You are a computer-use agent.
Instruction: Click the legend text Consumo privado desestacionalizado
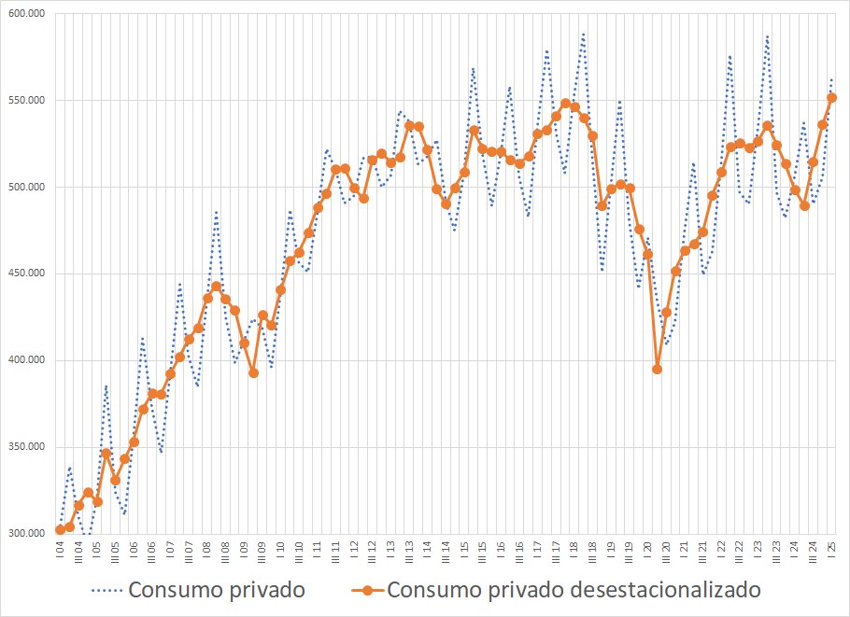574,590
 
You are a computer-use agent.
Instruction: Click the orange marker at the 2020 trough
657,369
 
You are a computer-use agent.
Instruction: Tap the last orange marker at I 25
831,97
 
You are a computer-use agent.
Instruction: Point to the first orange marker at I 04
60,529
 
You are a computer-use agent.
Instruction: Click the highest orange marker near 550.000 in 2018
565,103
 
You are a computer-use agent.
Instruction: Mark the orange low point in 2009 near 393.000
253,372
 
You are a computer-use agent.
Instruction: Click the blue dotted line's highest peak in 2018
583,35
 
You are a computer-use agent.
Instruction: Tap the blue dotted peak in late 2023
767,36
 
